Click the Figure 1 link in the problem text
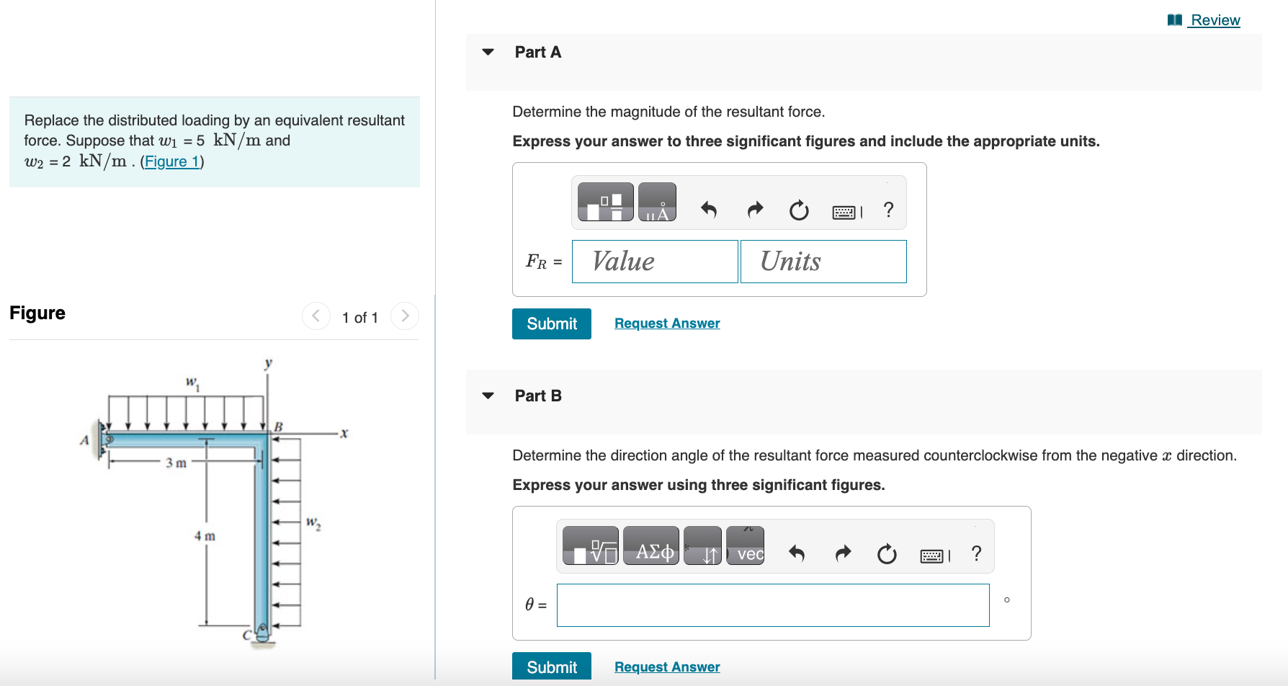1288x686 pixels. click(x=171, y=161)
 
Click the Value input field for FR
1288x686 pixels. click(x=654, y=262)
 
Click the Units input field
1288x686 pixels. click(x=823, y=262)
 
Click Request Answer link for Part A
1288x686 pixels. click(x=666, y=324)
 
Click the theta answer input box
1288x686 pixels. click(x=772, y=605)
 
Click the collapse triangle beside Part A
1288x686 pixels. click(x=488, y=52)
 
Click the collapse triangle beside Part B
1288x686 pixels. click(x=488, y=396)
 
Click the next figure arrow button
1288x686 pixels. click(x=405, y=316)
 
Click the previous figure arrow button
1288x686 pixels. click(x=316, y=316)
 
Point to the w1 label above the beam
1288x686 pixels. click(x=192, y=383)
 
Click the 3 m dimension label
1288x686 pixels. click(x=176, y=463)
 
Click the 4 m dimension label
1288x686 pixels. click(x=205, y=536)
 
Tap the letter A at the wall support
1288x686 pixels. click(x=84, y=440)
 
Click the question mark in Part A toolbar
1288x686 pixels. click(x=888, y=210)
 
